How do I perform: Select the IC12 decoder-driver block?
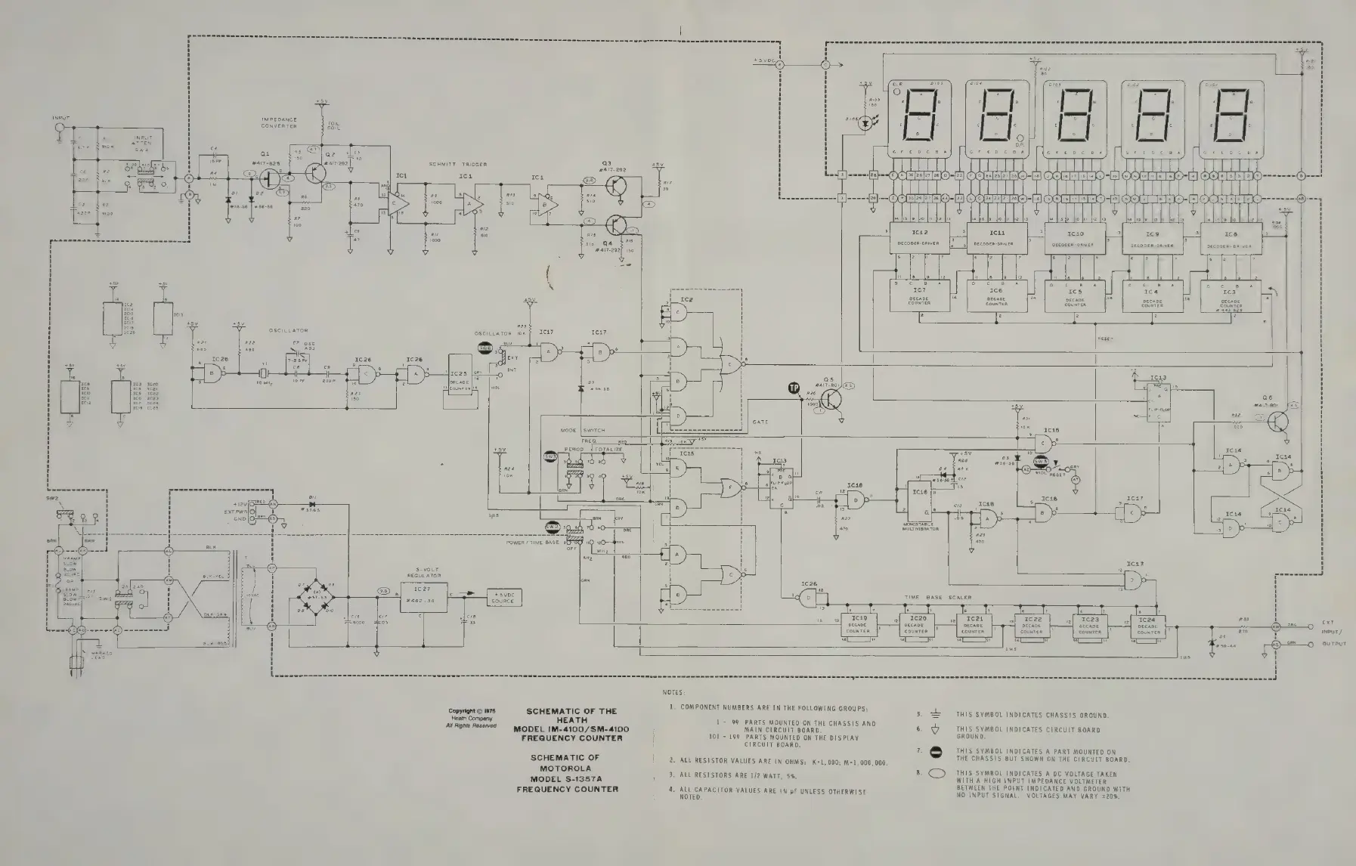coord(920,240)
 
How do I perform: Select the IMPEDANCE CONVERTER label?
coord(279,122)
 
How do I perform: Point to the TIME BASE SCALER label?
coord(938,597)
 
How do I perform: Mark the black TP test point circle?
coord(794,388)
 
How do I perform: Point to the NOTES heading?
coord(673,692)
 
